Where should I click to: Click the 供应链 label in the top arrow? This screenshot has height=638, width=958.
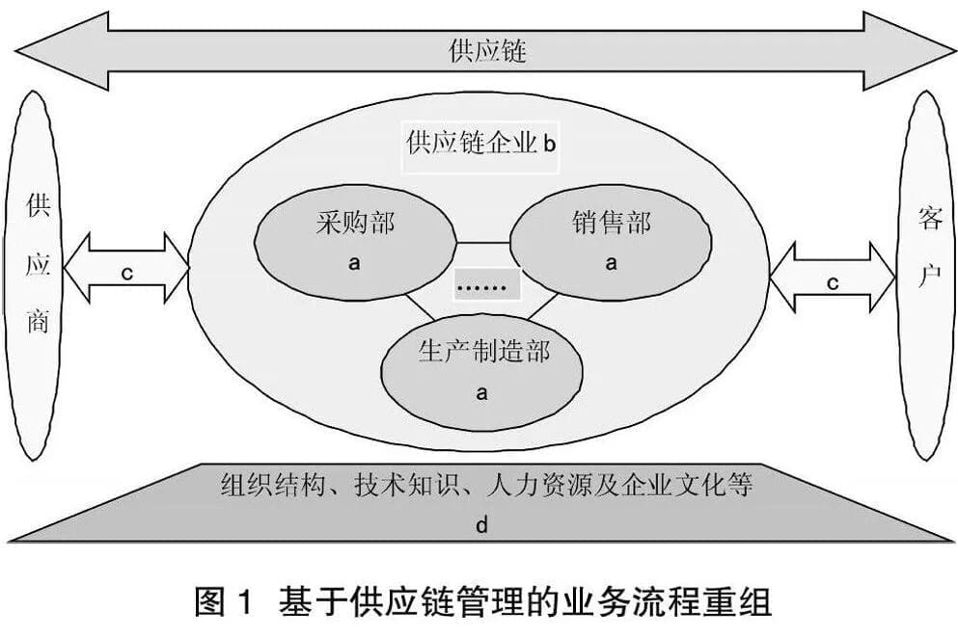tap(487, 51)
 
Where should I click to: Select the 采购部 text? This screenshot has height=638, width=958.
tap(355, 223)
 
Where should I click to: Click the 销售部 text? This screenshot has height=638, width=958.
tap(612, 223)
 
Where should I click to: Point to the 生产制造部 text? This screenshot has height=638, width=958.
tap(484, 352)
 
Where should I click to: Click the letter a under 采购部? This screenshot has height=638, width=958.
tap(354, 263)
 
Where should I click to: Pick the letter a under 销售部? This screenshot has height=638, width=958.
tap(611, 263)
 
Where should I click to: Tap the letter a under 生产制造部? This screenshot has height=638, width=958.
tap(482, 392)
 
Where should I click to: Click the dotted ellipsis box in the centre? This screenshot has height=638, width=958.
tap(487, 284)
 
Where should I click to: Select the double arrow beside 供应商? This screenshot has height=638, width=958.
tap(126, 268)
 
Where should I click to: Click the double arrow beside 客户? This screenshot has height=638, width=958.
tap(833, 278)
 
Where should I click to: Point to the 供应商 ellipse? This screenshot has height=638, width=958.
tap(36, 276)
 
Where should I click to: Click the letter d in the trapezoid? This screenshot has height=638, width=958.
tap(482, 525)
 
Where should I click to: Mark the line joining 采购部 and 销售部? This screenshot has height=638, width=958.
tap(482, 242)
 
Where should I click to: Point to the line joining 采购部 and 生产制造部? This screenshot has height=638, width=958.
tap(421, 307)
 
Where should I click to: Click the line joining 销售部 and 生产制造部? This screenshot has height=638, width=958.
tap(542, 307)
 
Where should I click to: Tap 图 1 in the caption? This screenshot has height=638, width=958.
tap(224, 601)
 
